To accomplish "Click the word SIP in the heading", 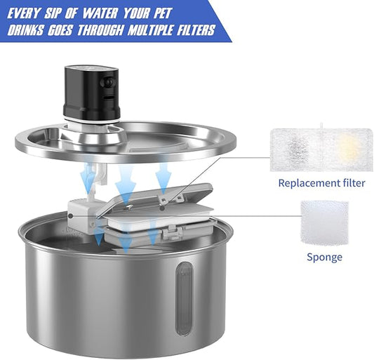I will tap(69, 12).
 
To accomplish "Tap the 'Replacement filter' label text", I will tap(321, 183).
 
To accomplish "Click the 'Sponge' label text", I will tap(324, 257).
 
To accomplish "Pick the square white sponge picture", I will tap(324, 222).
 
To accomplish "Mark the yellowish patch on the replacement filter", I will tap(348, 147).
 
